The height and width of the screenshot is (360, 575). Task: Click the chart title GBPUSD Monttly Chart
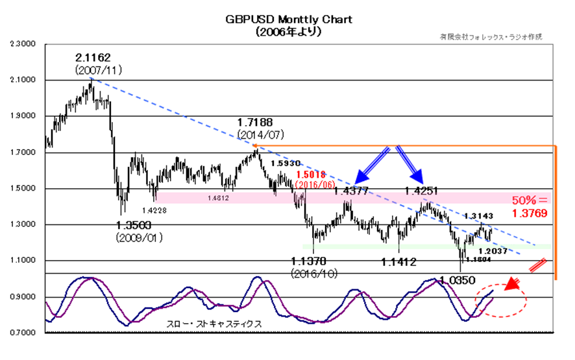coord(288,19)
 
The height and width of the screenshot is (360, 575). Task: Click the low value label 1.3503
coord(137,225)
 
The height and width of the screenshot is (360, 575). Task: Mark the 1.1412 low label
coord(398,262)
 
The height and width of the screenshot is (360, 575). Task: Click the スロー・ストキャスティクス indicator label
coord(208,322)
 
